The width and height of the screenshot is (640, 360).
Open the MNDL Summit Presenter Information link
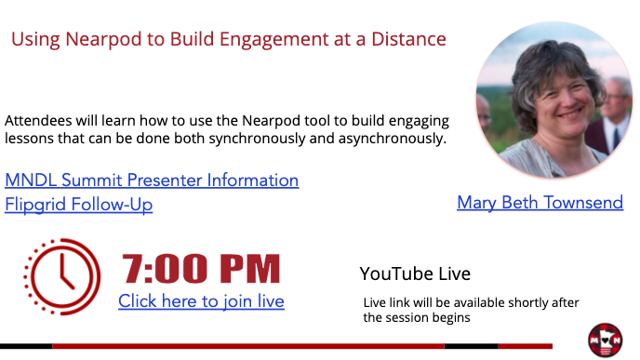point(152,180)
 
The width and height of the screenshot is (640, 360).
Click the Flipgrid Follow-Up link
point(79,205)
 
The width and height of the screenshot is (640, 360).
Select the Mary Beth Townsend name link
point(540,203)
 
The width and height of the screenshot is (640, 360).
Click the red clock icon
point(62,276)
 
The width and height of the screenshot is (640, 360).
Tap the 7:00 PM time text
point(201,269)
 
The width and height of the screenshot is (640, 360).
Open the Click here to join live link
point(201,301)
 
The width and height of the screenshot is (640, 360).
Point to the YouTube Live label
point(415,273)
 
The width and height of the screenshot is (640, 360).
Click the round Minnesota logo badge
point(606,340)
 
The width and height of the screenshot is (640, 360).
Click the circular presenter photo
point(554,100)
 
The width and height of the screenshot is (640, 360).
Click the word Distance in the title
point(408,39)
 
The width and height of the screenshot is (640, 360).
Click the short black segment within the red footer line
point(471,346)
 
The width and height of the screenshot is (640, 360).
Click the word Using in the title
point(36,40)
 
